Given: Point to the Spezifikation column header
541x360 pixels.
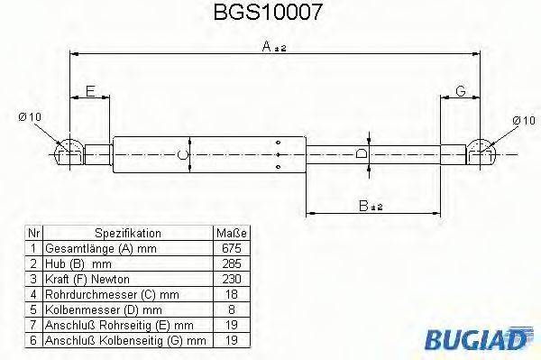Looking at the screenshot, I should point(127,232).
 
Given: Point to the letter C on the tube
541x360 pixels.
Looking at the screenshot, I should point(184,153).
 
